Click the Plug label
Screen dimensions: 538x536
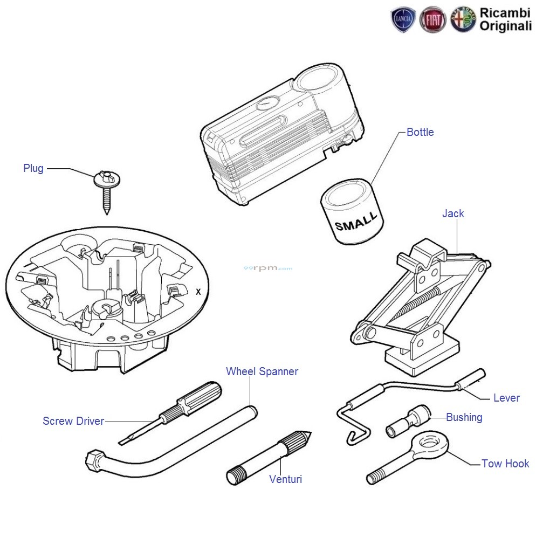[x=33, y=168]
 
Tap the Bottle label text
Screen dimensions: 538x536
[x=420, y=132]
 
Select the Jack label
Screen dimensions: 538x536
[x=452, y=213]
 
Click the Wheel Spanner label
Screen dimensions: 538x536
[x=262, y=371]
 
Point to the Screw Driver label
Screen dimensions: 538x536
[x=73, y=421]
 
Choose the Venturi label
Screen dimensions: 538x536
[x=285, y=479]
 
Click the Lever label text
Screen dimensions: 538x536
[x=506, y=398]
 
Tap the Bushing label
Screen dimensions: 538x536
[x=464, y=417]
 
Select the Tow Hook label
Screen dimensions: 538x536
[x=505, y=464]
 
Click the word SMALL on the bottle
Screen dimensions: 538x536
[x=356, y=221]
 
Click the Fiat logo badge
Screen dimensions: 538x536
[x=433, y=20]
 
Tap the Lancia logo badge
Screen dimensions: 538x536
[x=403, y=20]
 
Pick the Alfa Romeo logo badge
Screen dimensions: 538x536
[x=463, y=20]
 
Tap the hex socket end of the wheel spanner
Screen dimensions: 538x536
[x=92, y=460]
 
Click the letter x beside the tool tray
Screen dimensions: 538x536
[x=198, y=292]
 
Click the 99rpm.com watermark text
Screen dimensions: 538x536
[x=267, y=268]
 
